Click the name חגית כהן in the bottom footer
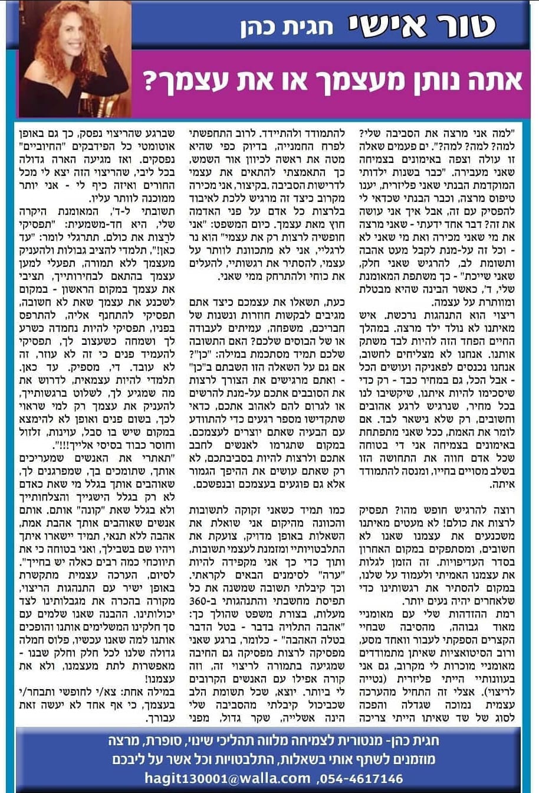pos(413,742)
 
